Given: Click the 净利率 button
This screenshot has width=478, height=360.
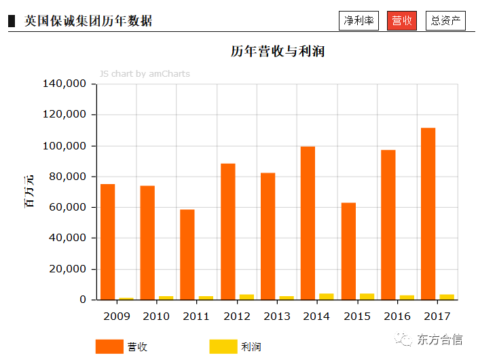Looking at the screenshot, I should coord(358,21).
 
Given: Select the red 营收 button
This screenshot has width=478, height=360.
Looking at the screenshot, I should coord(401,21).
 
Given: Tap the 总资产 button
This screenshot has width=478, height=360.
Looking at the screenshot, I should coord(445,21).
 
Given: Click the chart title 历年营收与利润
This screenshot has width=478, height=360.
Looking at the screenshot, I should coord(277,52).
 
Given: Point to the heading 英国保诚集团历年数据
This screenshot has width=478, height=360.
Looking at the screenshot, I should coord(88,21).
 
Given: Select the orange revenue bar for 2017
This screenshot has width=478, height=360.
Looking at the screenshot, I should coord(428,214).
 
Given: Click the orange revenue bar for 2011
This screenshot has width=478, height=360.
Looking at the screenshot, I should coord(187,255).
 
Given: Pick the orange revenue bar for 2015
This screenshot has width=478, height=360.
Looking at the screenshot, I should coord(348,251).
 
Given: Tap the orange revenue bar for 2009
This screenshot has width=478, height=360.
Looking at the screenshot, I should coord(107,242).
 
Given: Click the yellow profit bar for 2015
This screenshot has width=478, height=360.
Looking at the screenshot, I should coord(367,296).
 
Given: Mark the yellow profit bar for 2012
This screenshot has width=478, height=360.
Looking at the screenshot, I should coord(246,297).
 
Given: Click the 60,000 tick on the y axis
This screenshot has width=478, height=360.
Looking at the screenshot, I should coord(67,207).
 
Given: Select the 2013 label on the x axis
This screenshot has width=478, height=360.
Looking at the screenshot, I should coord(277,316).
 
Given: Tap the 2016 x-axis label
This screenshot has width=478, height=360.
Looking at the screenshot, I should coord(397,316).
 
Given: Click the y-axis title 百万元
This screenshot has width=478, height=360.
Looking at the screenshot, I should coord(29,191).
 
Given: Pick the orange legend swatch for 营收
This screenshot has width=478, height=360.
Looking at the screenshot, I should coord(109,346).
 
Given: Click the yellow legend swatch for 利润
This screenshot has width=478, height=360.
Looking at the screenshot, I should coord(223,346).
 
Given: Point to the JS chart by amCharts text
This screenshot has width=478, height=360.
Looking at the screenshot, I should coord(145,73).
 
